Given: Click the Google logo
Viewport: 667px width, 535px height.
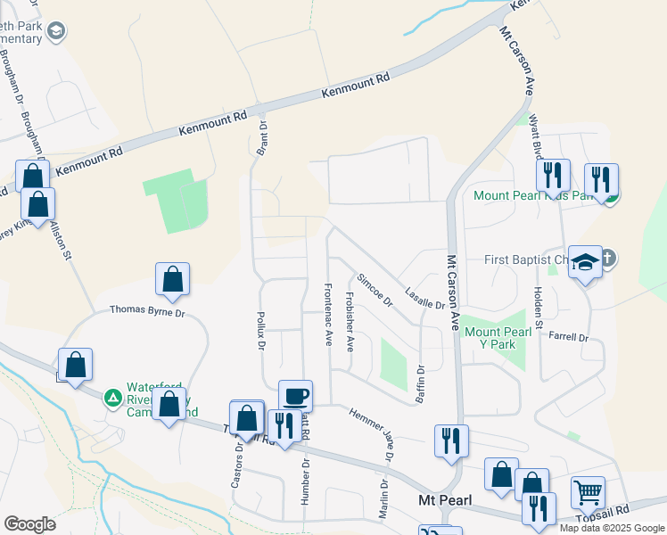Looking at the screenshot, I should click(29, 524).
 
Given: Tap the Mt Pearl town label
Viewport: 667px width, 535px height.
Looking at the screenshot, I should click(445, 500).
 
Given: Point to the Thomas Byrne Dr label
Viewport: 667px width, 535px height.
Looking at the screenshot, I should click(147, 311).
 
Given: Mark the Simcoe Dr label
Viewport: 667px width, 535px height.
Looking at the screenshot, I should click(375, 291).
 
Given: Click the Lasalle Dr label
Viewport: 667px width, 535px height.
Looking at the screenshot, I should click(424, 297).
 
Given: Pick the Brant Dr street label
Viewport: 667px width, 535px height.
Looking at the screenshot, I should click(263, 138).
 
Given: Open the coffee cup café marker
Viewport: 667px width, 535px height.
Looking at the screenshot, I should click(295, 395).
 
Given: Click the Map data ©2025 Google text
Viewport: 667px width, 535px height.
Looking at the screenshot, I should click(612, 528).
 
